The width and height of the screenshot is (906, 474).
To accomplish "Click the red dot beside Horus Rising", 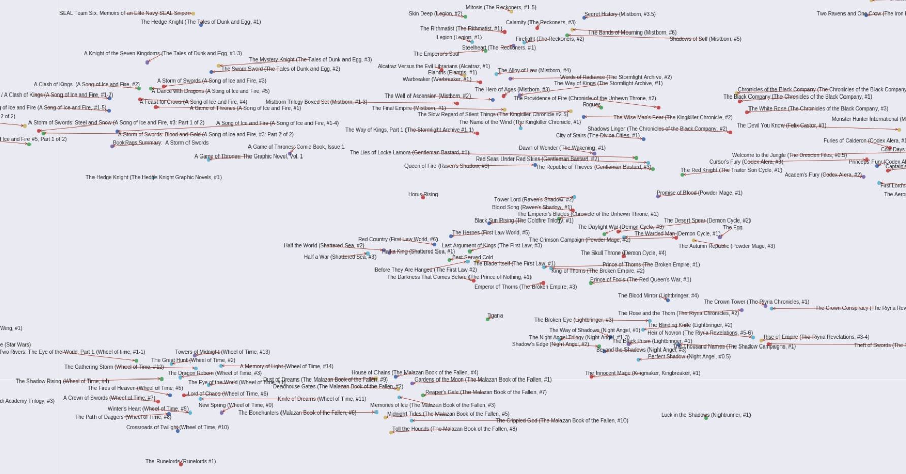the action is coord(423,197).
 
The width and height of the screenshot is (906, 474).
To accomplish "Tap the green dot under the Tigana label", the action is coord(488,319).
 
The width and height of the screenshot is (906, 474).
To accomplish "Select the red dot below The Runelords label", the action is coord(181,464).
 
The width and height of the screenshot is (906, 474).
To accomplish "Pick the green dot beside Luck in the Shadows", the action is coord(706,418).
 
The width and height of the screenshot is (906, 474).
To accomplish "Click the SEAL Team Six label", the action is coord(124,13).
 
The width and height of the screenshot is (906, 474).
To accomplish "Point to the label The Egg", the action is coord(732,228).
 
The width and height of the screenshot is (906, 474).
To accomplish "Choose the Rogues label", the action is coord(591,105).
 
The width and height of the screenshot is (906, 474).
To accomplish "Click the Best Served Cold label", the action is coord(473,257).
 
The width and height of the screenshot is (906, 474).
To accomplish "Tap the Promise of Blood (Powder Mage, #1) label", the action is coord(699,193).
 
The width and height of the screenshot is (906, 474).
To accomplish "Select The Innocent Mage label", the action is coord(642,373).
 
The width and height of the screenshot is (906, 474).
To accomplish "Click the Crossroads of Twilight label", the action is coord(177,427).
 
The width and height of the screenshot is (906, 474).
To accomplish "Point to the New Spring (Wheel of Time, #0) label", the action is coord(236,405).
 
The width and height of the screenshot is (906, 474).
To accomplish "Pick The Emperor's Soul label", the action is coord(436,54).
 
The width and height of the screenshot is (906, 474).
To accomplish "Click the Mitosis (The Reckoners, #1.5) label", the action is coord(501,8).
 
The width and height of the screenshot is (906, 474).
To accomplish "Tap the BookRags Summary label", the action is coord(161,143).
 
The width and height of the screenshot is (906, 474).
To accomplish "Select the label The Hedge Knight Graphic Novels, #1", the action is coord(153,177).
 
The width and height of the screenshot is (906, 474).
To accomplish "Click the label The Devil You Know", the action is coord(781,125).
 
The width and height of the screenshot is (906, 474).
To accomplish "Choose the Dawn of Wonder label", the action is coord(562,148).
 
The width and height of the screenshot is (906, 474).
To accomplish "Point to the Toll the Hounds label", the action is coord(454,429).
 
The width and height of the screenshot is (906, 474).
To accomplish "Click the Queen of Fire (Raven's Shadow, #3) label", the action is coord(447,166).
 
